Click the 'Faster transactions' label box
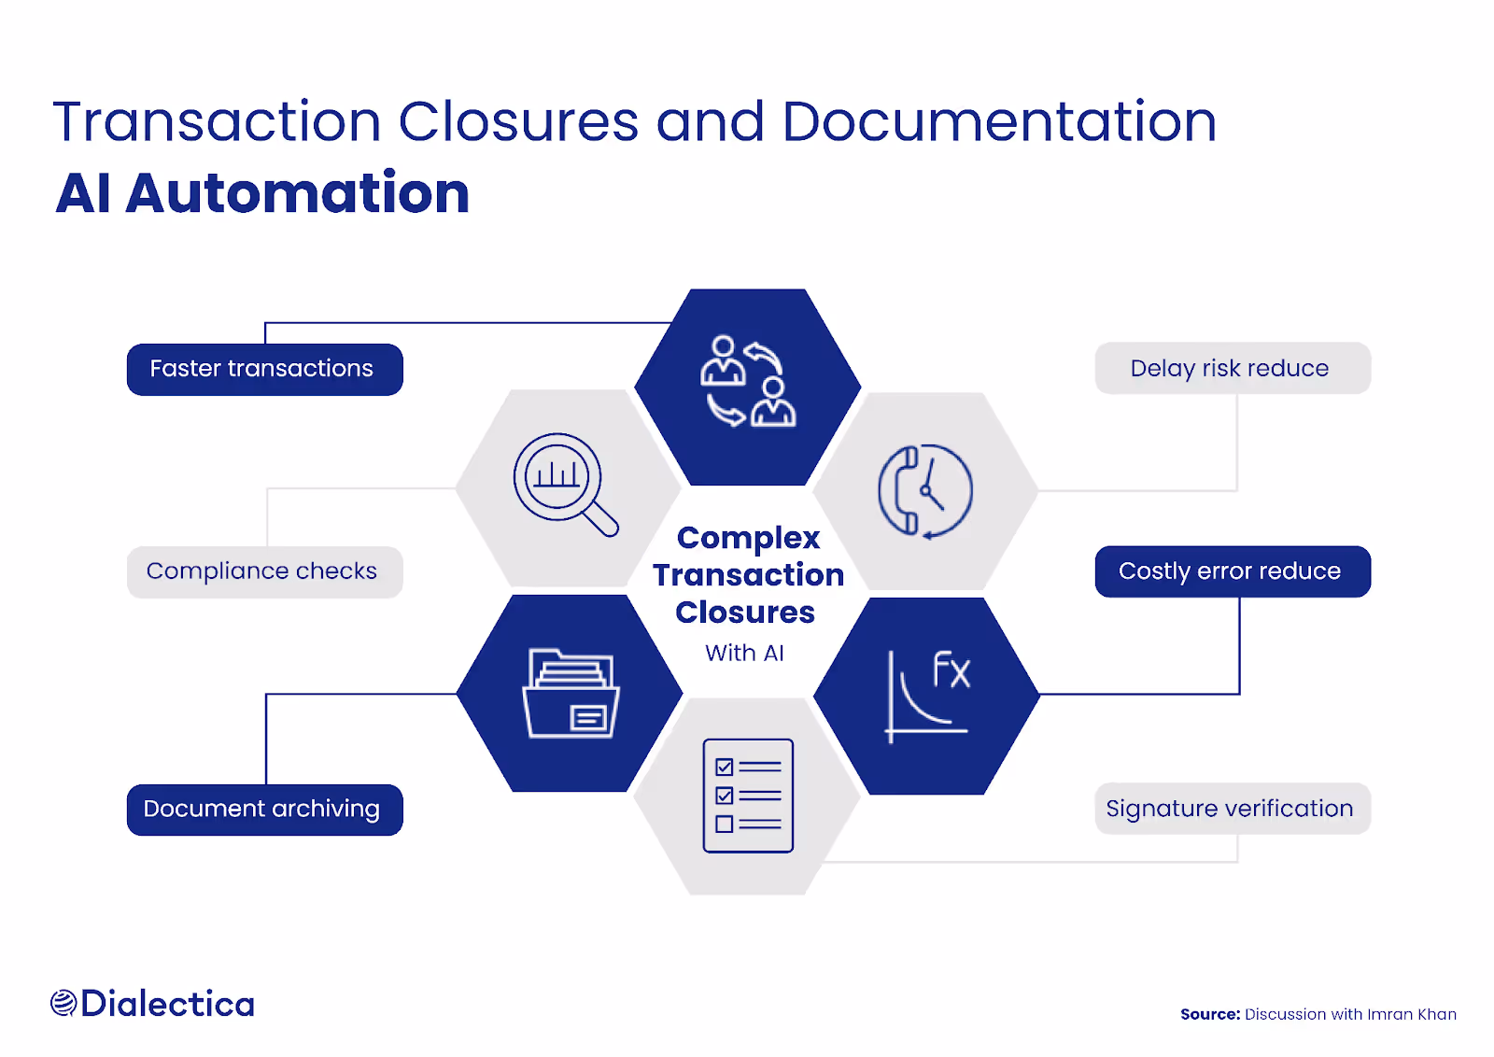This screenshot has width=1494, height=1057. [x=264, y=370]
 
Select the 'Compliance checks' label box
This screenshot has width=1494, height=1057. [x=264, y=571]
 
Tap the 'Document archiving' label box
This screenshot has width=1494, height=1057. [x=264, y=810]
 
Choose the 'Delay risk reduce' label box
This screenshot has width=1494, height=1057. [x=1232, y=369]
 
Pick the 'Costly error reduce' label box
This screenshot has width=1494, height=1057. [x=1232, y=571]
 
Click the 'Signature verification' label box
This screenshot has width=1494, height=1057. [x=1232, y=809]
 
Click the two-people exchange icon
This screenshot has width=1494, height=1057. [x=748, y=382]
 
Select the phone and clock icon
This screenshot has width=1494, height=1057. [x=925, y=491]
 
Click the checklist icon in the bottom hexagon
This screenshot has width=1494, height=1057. [x=748, y=796]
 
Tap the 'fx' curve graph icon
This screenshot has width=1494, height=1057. [x=927, y=696]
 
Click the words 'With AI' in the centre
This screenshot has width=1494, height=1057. [x=744, y=654]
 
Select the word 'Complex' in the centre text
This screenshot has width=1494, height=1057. [x=748, y=538]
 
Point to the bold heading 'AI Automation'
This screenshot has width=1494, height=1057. [x=262, y=193]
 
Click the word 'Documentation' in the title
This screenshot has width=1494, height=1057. [x=999, y=122]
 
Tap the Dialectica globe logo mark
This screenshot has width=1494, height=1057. [x=63, y=1004]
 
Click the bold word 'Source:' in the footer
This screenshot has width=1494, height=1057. [x=1209, y=1014]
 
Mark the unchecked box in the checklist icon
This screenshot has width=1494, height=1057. [x=724, y=824]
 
